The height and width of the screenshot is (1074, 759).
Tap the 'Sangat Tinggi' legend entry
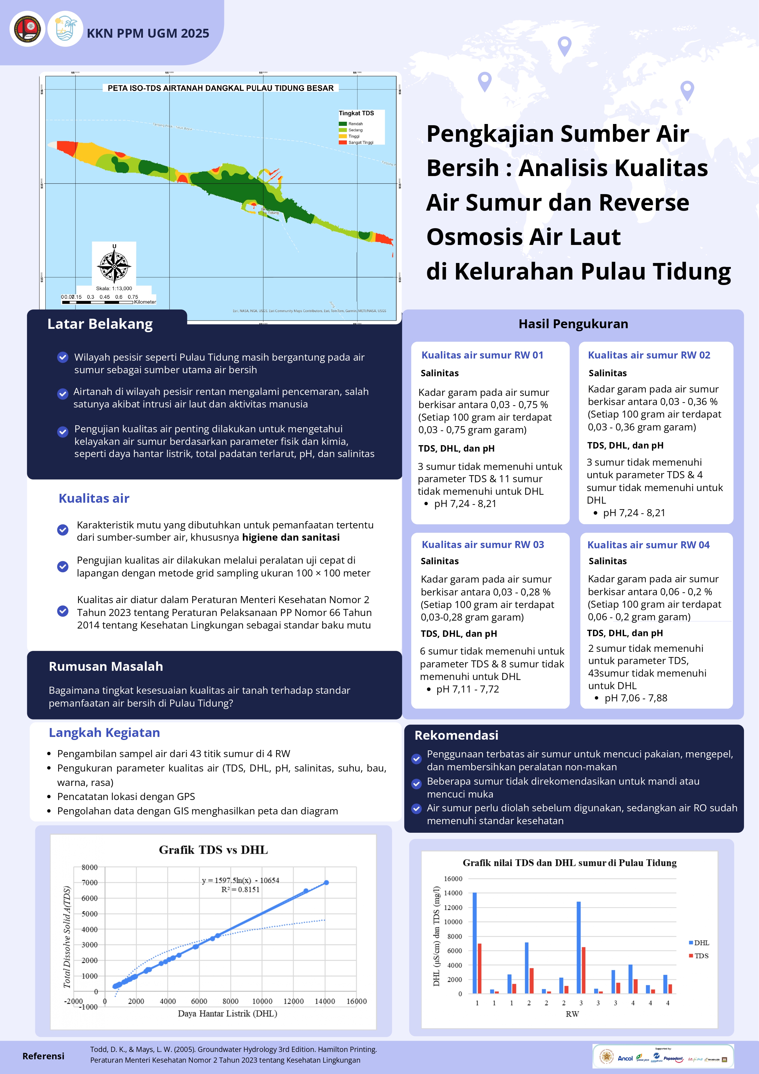pos(360,142)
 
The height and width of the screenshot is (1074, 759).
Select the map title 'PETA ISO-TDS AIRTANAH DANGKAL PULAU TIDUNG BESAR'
pos(220,88)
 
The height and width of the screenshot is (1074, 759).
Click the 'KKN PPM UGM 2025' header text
pos(148,33)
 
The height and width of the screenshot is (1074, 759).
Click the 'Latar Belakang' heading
pos(100,324)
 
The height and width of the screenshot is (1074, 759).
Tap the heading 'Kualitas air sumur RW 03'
pos(483,544)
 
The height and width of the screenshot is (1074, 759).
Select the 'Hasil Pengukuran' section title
pos(573,324)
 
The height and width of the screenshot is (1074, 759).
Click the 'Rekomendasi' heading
pos(456,735)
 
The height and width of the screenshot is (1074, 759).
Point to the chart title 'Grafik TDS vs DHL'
pos(213,850)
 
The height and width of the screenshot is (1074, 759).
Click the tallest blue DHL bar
pos(475,943)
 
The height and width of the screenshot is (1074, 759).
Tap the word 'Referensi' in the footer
pos(43,1056)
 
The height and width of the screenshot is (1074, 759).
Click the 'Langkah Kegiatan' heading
pos(104,733)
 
